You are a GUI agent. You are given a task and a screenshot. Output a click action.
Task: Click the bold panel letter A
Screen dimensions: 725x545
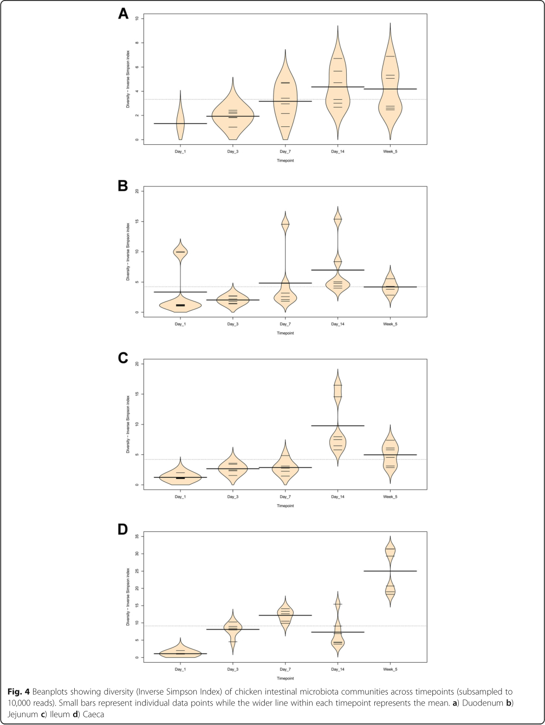pyautogui.click(x=124, y=15)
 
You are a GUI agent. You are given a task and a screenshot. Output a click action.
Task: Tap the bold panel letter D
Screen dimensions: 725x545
pyautogui.click(x=124, y=530)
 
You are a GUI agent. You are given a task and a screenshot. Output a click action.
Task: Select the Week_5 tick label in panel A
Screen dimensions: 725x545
pyautogui.click(x=390, y=151)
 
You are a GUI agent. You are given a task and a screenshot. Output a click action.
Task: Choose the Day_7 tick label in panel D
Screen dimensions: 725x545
pyautogui.click(x=285, y=670)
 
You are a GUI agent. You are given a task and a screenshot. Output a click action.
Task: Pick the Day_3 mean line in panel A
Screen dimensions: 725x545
pyautogui.click(x=232, y=116)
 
